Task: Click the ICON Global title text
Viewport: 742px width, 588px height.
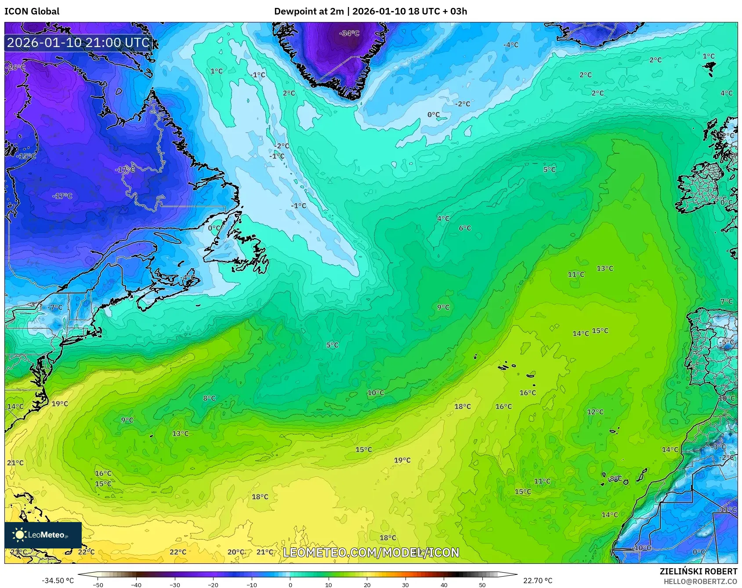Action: pos(32,11)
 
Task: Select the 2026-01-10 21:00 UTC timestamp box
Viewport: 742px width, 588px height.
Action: pos(78,43)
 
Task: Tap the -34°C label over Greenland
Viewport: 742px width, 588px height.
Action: pos(349,33)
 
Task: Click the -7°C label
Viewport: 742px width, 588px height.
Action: pos(55,308)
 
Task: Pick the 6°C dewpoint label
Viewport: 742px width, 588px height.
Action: pos(465,228)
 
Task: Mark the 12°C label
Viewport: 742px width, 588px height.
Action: pos(595,412)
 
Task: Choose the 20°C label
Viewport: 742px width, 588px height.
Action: pos(236,552)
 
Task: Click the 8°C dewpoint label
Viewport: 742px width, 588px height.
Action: pos(209,399)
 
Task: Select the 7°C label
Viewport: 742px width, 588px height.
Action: pos(727,301)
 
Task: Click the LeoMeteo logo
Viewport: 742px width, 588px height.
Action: pos(43,535)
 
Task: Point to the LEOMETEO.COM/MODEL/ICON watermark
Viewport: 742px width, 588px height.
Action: pos(371,552)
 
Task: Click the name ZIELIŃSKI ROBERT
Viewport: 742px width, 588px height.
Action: pos(699,571)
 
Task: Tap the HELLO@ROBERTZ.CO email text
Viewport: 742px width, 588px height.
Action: pos(700,581)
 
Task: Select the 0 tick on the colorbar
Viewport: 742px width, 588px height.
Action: pos(290,584)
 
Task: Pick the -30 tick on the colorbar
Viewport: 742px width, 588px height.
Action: pos(175,584)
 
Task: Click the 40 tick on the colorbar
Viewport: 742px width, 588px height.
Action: pos(444,584)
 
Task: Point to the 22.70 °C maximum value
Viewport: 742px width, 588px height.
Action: pos(538,581)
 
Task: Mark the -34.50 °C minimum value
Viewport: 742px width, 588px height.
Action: pos(58,581)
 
